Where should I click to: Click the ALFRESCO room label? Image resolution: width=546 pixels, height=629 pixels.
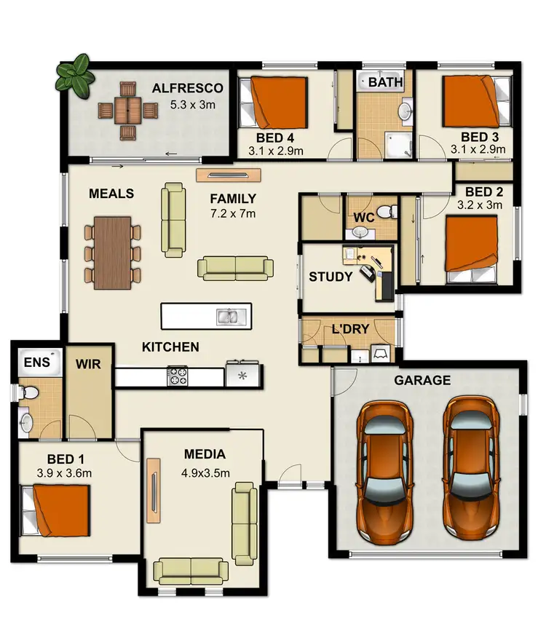[187, 89]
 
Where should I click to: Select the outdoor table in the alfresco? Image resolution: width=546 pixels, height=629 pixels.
[129, 110]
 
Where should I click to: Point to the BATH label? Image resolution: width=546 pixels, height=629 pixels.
[385, 82]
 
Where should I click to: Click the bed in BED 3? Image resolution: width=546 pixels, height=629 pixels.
[472, 101]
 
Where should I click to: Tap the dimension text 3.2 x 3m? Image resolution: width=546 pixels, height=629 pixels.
[479, 205]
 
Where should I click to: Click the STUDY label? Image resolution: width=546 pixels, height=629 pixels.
[331, 277]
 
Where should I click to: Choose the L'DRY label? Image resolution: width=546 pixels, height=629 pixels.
[350, 329]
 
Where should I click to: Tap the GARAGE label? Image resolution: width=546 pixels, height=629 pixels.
[422, 380]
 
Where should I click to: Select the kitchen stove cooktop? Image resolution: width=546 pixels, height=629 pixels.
[178, 376]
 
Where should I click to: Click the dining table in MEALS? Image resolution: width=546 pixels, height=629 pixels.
[113, 252]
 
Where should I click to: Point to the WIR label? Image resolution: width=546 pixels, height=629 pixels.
[90, 363]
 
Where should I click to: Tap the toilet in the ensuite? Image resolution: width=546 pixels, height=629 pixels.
[28, 392]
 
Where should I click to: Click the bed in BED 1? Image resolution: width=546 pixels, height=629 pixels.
[60, 510]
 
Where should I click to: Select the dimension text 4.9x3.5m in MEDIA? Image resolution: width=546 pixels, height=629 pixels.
[205, 472]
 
